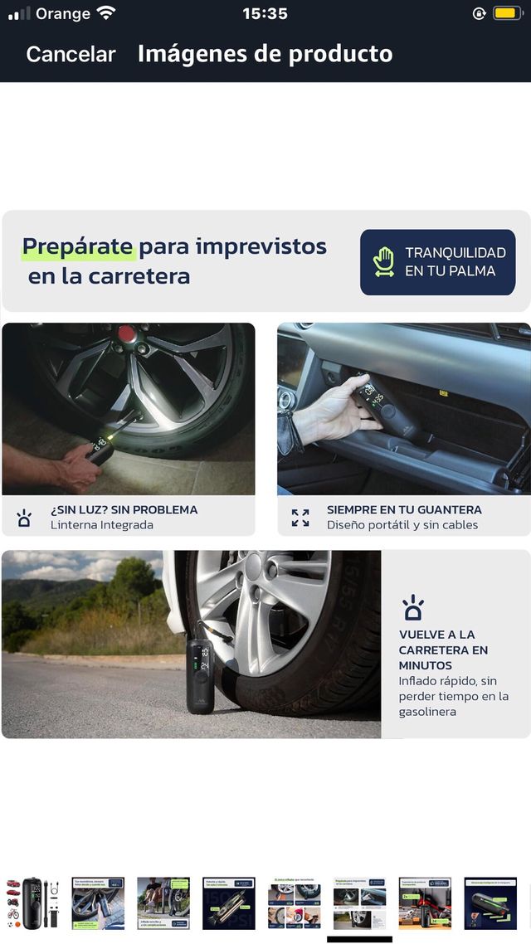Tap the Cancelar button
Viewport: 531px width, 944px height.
coord(71,54)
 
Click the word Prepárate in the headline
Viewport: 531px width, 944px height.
coord(77,246)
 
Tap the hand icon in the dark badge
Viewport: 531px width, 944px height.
coord(383,261)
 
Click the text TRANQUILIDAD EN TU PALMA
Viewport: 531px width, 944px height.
coord(455,261)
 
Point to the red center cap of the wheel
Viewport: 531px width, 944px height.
coord(126,333)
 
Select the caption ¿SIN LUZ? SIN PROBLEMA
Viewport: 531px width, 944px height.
coord(124,509)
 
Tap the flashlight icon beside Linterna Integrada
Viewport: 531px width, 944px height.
coord(24,518)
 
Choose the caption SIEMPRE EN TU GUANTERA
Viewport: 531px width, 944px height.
coord(404,509)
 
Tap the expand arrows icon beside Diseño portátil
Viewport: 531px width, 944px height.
coord(300,518)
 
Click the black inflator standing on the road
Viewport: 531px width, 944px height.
coord(200,675)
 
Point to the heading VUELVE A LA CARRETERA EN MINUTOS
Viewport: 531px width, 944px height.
coord(443,650)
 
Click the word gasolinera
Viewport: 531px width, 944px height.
coord(427,712)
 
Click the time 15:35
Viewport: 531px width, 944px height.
coord(265,13)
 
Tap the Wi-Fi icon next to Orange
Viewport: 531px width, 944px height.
coord(106,13)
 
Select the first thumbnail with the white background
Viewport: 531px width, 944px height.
coord(32,903)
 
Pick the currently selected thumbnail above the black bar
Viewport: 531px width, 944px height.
coord(359,903)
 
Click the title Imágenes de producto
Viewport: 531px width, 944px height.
coord(265,54)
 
